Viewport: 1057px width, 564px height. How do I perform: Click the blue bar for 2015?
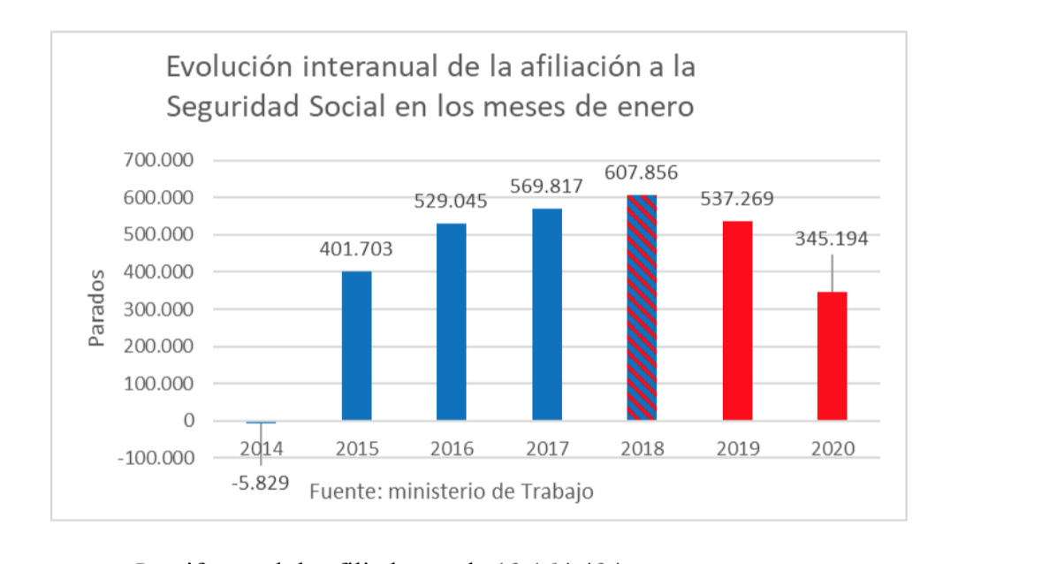point(356,346)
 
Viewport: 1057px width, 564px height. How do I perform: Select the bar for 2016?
point(452,322)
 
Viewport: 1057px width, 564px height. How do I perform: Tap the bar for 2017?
point(547,314)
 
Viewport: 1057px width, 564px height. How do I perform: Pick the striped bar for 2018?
point(642,307)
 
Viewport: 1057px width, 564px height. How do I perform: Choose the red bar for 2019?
point(737,320)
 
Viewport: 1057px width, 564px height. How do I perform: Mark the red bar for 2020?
point(832,356)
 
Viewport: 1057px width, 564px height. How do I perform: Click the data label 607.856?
point(642,173)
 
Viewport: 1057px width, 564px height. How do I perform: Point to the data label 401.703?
point(356,250)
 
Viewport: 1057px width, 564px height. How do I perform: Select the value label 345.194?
point(832,239)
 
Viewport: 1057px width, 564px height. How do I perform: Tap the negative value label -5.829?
point(260,485)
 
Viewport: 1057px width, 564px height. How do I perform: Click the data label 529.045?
point(451,202)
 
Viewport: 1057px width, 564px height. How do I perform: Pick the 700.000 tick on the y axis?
point(160,161)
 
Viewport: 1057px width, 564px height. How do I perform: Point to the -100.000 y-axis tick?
point(157,458)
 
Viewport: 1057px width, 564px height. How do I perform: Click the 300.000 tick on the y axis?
point(160,309)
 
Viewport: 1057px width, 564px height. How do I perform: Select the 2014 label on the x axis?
point(262,449)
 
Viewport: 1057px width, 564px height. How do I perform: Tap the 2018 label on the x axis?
point(643,449)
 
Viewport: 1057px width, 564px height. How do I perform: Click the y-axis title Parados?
point(97,309)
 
